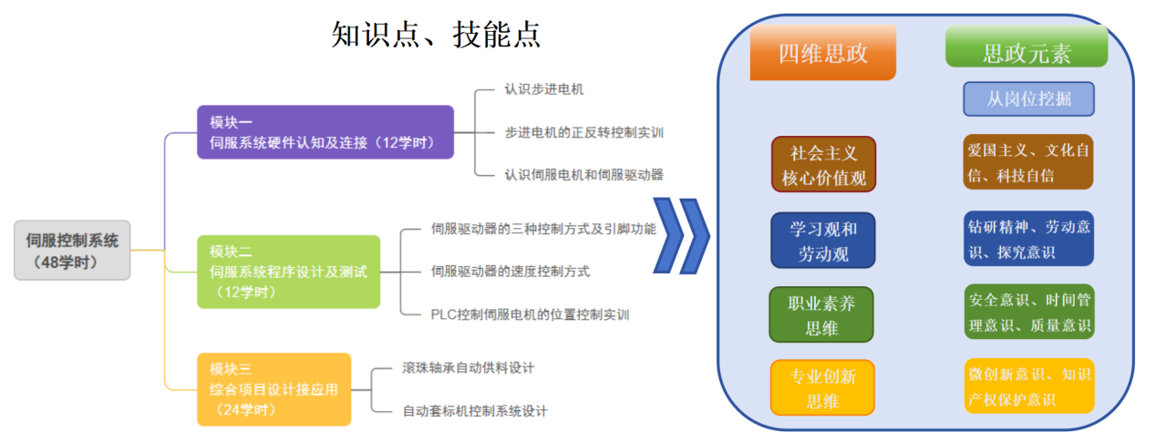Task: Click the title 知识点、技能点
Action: (436, 34)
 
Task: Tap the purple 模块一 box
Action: (325, 132)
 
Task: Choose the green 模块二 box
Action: (288, 272)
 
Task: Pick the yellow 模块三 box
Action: (274, 389)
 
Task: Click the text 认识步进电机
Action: (543, 89)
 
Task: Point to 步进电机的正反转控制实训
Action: (583, 132)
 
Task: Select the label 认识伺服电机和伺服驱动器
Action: (583, 174)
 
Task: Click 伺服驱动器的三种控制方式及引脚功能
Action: (542, 229)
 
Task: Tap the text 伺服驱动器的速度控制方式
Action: (510, 272)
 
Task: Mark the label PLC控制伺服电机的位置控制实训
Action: (530, 314)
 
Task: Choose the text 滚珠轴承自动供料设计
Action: (468, 368)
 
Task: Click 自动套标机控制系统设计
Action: (474, 411)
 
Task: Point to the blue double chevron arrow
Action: (681, 235)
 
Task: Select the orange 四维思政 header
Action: (822, 53)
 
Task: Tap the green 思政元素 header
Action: (1026, 53)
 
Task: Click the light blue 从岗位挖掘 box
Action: (1028, 99)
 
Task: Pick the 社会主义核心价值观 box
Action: (823, 164)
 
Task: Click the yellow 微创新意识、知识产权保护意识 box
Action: (1028, 386)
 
